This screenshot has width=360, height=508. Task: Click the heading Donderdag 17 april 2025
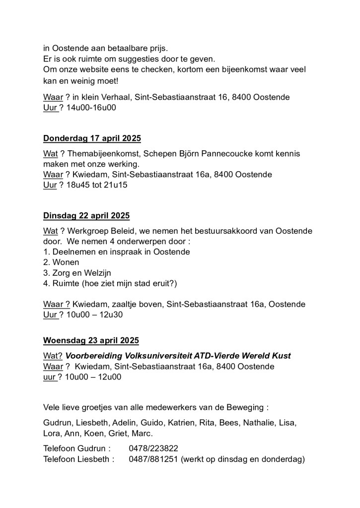tap(92, 138)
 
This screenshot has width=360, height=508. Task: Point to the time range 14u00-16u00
tap(91, 107)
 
